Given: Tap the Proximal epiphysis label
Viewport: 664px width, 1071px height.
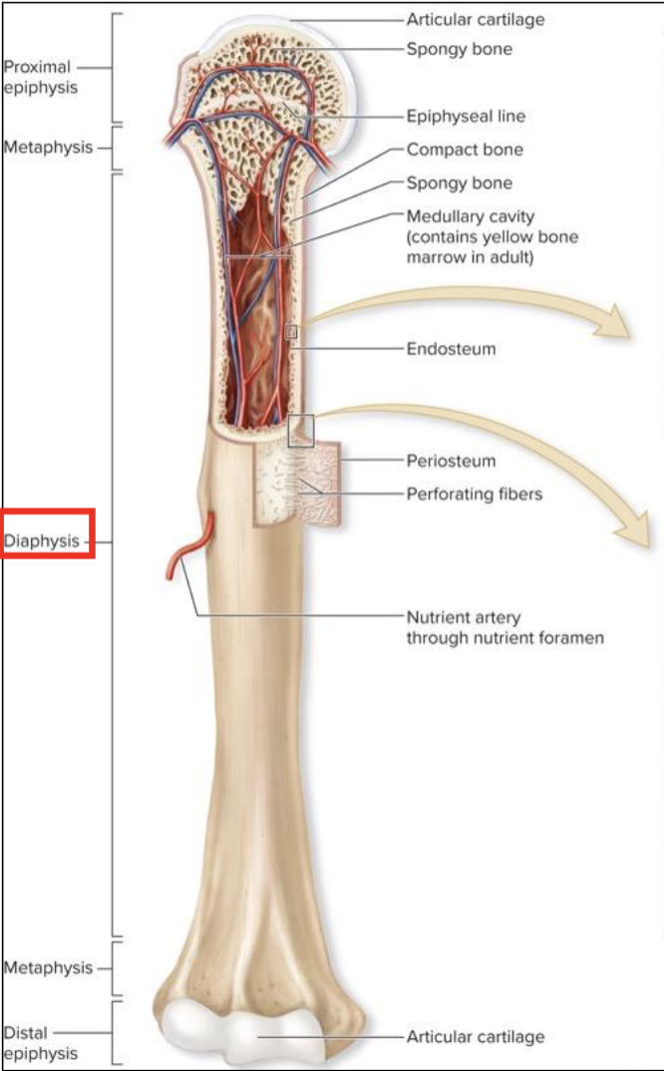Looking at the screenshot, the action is pos(38,77).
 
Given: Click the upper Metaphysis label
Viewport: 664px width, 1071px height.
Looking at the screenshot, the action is pos(47,148).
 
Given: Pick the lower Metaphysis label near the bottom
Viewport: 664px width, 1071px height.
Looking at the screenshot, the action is pos(47,967).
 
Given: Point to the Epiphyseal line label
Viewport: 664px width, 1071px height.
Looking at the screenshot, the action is pos(466,116).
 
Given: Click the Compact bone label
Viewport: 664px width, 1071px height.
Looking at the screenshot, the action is pos(465,150).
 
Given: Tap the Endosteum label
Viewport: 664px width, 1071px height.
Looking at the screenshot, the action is pos(451,349).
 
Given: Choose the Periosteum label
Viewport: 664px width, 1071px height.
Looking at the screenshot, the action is pos(451,461).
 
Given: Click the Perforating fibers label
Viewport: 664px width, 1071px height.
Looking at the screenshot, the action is pos(475,493).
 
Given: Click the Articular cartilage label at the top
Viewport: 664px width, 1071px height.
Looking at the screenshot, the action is pos(476,19).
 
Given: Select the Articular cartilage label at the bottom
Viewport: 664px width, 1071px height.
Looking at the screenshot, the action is pos(476,1036).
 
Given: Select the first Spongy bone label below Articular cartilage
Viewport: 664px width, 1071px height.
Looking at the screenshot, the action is pos(459,48).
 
